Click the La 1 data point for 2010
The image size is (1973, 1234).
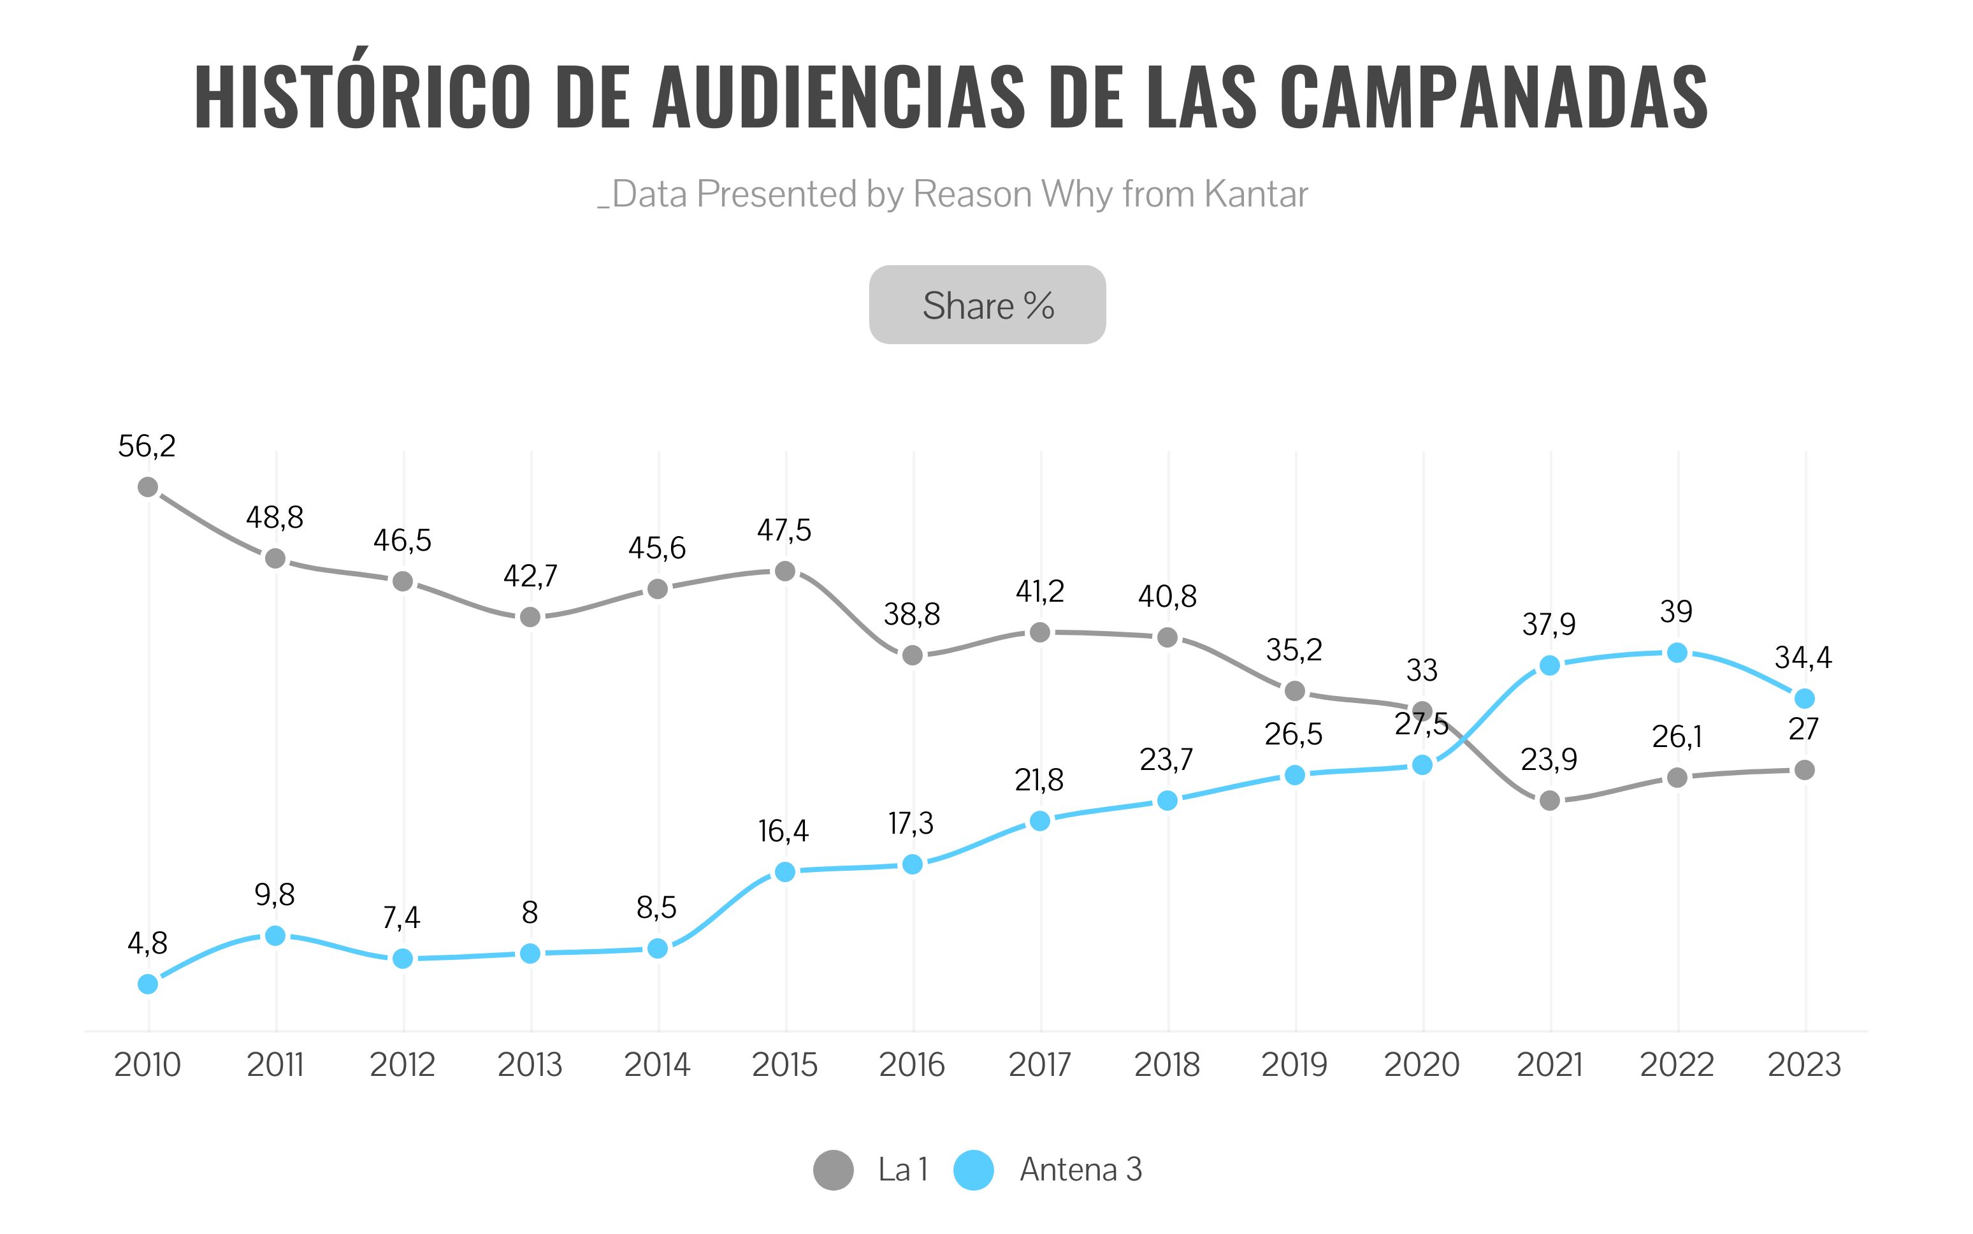pos(148,487)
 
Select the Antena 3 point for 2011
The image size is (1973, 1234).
pos(276,935)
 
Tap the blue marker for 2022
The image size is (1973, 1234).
pos(1677,653)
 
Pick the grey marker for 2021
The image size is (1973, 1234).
pos(1549,801)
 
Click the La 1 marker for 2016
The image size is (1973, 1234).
pos(912,655)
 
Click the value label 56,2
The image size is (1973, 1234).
pos(147,446)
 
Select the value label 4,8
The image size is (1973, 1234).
pos(148,944)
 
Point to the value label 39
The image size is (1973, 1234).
pos(1677,611)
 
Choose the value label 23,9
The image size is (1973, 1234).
pos(1549,760)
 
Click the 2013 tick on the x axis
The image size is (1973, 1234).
pos(530,1065)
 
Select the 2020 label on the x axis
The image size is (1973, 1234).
pos(1422,1065)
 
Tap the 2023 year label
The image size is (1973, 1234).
pos(1805,1065)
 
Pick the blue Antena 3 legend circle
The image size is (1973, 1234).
pos(974,1170)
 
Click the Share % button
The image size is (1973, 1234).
pos(987,305)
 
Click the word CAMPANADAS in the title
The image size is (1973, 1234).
pos(1493,96)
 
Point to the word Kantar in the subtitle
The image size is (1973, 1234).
pos(1257,194)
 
